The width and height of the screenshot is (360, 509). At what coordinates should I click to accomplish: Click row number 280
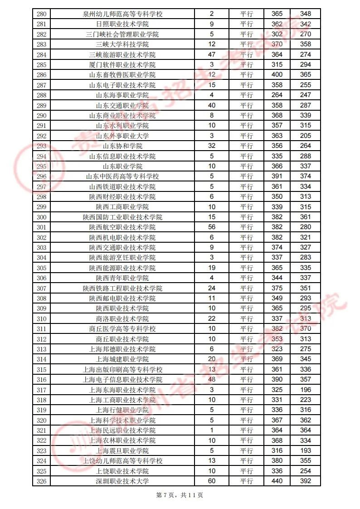(42, 14)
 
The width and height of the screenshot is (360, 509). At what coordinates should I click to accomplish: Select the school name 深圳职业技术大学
(122, 481)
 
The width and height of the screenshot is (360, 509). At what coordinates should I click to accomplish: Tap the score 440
(277, 481)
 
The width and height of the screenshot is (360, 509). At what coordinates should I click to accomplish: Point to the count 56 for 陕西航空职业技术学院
(212, 227)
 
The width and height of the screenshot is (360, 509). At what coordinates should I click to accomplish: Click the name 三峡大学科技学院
(122, 44)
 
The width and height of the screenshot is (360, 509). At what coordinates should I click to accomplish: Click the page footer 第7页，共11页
(180, 495)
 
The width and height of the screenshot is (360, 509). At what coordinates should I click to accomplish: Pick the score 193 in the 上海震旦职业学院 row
(306, 450)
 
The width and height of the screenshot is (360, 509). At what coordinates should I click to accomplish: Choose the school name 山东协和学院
(122, 146)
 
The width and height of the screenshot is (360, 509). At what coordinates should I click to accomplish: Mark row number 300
(42, 217)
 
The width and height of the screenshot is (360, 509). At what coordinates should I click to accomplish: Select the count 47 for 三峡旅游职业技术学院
(212, 54)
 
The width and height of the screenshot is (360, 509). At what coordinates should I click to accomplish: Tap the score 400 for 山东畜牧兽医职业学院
(277, 75)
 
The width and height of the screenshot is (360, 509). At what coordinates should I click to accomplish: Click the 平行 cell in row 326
(247, 481)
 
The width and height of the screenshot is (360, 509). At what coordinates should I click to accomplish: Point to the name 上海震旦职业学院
(122, 450)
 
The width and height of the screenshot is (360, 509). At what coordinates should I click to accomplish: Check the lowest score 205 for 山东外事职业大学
(306, 136)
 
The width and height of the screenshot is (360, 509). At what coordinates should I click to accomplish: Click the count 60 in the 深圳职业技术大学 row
(212, 481)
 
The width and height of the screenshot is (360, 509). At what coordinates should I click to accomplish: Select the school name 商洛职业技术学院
(122, 318)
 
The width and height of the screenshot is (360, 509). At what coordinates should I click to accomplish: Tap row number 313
(42, 349)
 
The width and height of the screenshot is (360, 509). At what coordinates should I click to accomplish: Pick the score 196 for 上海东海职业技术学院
(306, 390)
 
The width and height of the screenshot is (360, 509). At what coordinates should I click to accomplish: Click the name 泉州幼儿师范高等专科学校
(122, 14)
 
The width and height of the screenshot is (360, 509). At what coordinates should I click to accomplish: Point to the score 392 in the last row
(306, 481)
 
